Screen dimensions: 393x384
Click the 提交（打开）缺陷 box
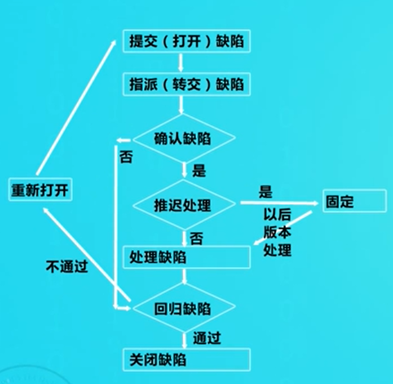[x=187, y=42]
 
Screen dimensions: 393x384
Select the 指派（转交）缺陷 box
[x=187, y=85]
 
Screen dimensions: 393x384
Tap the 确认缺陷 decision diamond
[x=184, y=139]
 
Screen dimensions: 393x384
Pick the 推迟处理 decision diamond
[x=184, y=204]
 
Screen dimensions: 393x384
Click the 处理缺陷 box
[x=187, y=257]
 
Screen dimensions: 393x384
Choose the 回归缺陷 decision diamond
[x=184, y=308]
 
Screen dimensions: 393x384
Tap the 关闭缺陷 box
[x=187, y=359]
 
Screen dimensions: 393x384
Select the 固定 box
[x=355, y=201]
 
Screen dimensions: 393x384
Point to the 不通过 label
[x=67, y=266]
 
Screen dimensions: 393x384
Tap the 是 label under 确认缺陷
[x=199, y=170]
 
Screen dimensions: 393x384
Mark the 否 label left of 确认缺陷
[x=126, y=157]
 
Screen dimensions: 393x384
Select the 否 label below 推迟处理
[x=197, y=238]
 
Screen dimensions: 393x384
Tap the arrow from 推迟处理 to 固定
[x=279, y=202]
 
